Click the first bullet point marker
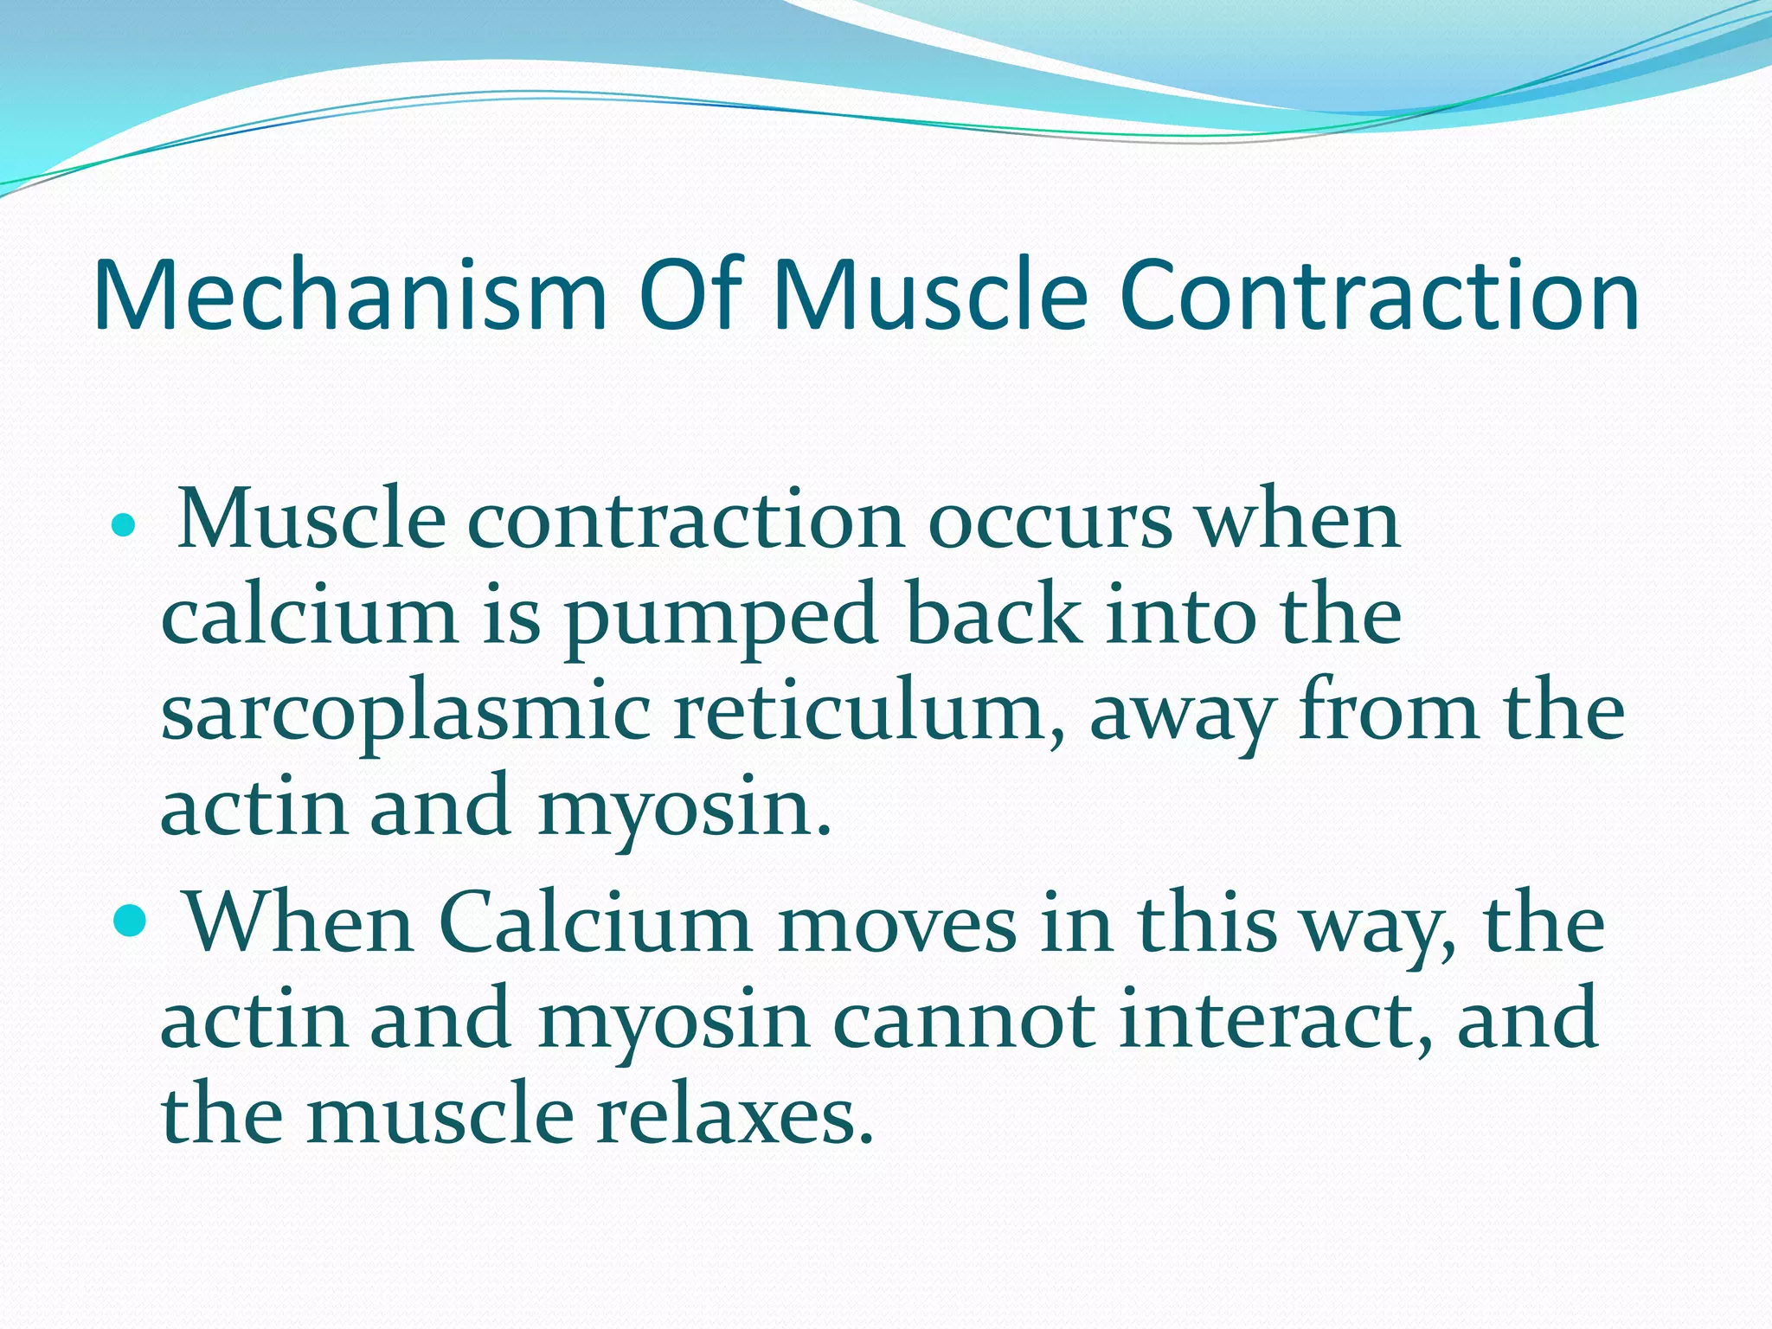pyautogui.click(x=125, y=524)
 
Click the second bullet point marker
pyautogui.click(x=131, y=923)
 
